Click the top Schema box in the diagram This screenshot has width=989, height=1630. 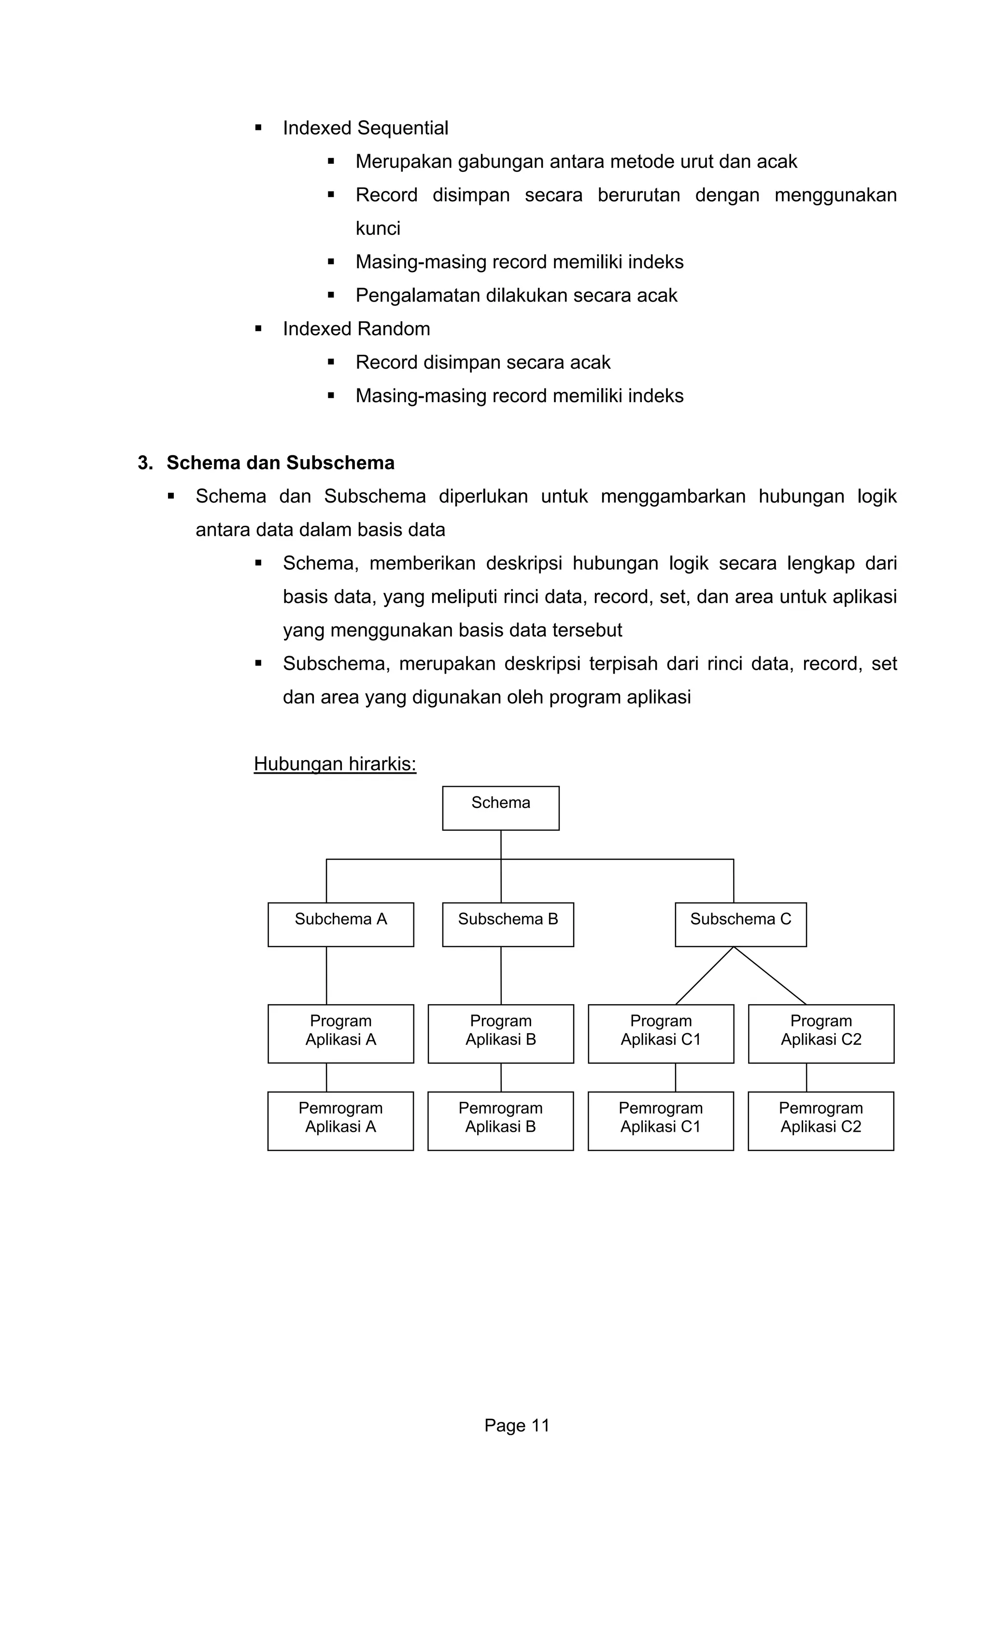pyautogui.click(x=500, y=808)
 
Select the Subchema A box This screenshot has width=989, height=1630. pyautogui.click(x=340, y=924)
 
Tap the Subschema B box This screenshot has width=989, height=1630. pyautogui.click(x=508, y=924)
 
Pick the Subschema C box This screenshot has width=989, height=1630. pyautogui.click(x=740, y=924)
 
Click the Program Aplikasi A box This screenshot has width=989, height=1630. pyautogui.click(x=340, y=1033)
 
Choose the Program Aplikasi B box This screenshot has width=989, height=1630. pyautogui.click(x=500, y=1033)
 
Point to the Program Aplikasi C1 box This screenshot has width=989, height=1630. pyautogui.click(x=661, y=1033)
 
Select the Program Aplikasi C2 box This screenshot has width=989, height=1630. pyautogui.click(x=820, y=1033)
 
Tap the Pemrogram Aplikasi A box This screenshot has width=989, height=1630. pyautogui.click(x=340, y=1121)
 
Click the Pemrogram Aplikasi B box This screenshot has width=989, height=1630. pyautogui.click(x=500, y=1121)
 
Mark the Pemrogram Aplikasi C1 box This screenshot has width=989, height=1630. pyautogui.click(x=661, y=1121)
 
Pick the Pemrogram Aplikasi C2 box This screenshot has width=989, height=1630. pyautogui.click(x=820, y=1121)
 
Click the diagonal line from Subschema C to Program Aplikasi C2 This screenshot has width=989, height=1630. pyautogui.click(x=770, y=976)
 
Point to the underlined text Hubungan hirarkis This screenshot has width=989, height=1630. pyautogui.click(x=335, y=764)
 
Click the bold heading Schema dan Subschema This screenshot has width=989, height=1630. pyautogui.click(x=280, y=463)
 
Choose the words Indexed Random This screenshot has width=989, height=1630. pyautogui.click(x=356, y=329)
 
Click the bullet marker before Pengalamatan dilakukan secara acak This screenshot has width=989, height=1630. pyautogui.click(x=330, y=295)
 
